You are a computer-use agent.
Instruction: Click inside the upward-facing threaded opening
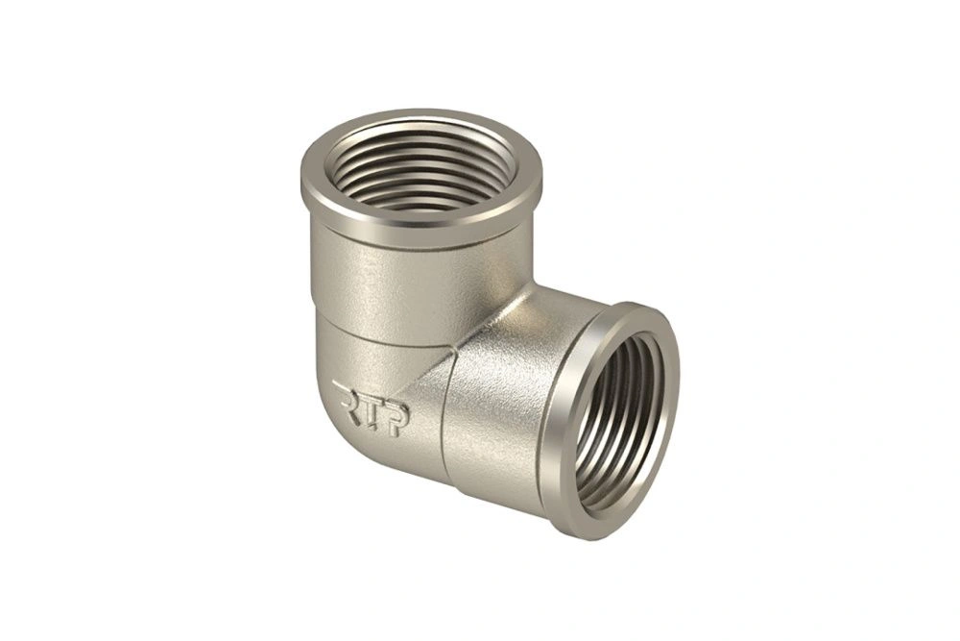tap(421, 166)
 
